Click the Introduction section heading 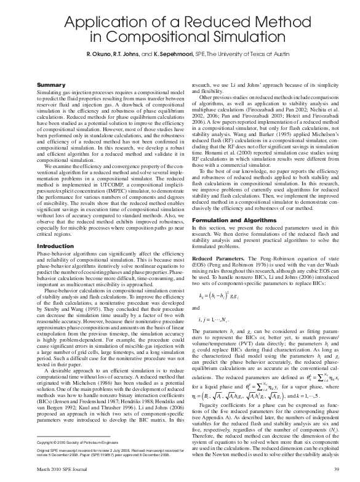pyautogui.click(x=55, y=246)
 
